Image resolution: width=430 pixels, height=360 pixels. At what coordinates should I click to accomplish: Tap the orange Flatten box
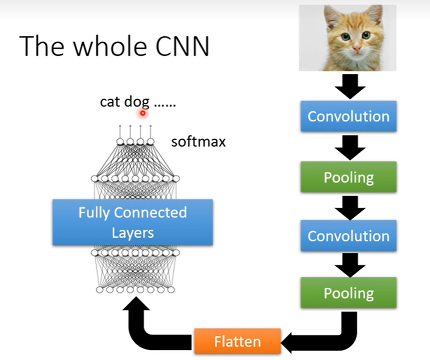click(x=237, y=342)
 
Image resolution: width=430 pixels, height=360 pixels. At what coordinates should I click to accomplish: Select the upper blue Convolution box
click(x=348, y=116)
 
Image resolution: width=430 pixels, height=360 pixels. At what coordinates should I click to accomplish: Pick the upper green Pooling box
click(x=348, y=177)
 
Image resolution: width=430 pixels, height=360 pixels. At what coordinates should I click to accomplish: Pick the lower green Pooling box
click(x=348, y=293)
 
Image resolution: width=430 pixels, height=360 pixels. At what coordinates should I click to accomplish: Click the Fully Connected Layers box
click(x=132, y=222)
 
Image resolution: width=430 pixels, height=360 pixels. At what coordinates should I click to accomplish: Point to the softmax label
click(x=198, y=141)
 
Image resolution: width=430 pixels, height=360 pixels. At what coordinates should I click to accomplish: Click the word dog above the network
click(x=136, y=102)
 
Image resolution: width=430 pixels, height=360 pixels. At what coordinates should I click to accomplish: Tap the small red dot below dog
click(x=142, y=112)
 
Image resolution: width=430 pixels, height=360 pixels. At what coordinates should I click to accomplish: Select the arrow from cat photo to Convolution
click(x=349, y=85)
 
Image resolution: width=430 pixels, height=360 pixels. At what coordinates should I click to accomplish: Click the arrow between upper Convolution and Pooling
click(x=349, y=147)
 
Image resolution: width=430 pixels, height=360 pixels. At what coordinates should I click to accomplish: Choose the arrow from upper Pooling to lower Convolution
click(x=349, y=206)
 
